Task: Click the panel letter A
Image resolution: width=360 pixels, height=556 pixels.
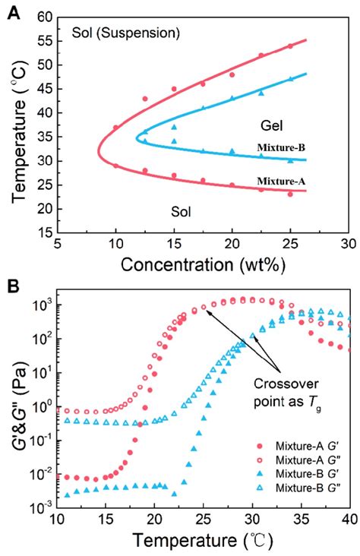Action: (x=13, y=13)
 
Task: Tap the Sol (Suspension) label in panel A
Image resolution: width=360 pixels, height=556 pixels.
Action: (x=125, y=33)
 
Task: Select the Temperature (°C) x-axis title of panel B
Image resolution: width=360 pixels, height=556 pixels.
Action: (x=203, y=541)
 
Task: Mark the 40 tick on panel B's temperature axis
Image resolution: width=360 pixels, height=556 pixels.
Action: (x=348, y=522)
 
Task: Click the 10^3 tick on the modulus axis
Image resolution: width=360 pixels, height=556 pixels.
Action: (x=44, y=305)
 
